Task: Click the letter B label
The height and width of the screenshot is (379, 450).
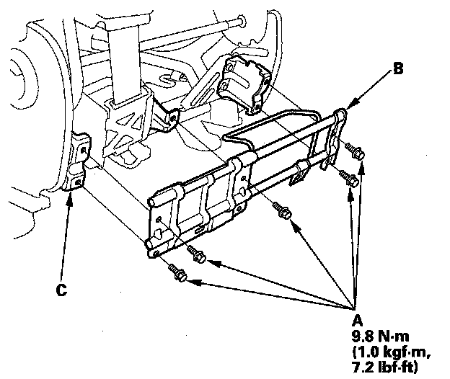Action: tap(398, 70)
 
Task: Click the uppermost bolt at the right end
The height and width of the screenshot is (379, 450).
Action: tap(356, 152)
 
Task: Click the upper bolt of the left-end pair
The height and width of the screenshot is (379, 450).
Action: tap(197, 254)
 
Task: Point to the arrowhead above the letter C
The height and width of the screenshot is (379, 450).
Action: tap(69, 195)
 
